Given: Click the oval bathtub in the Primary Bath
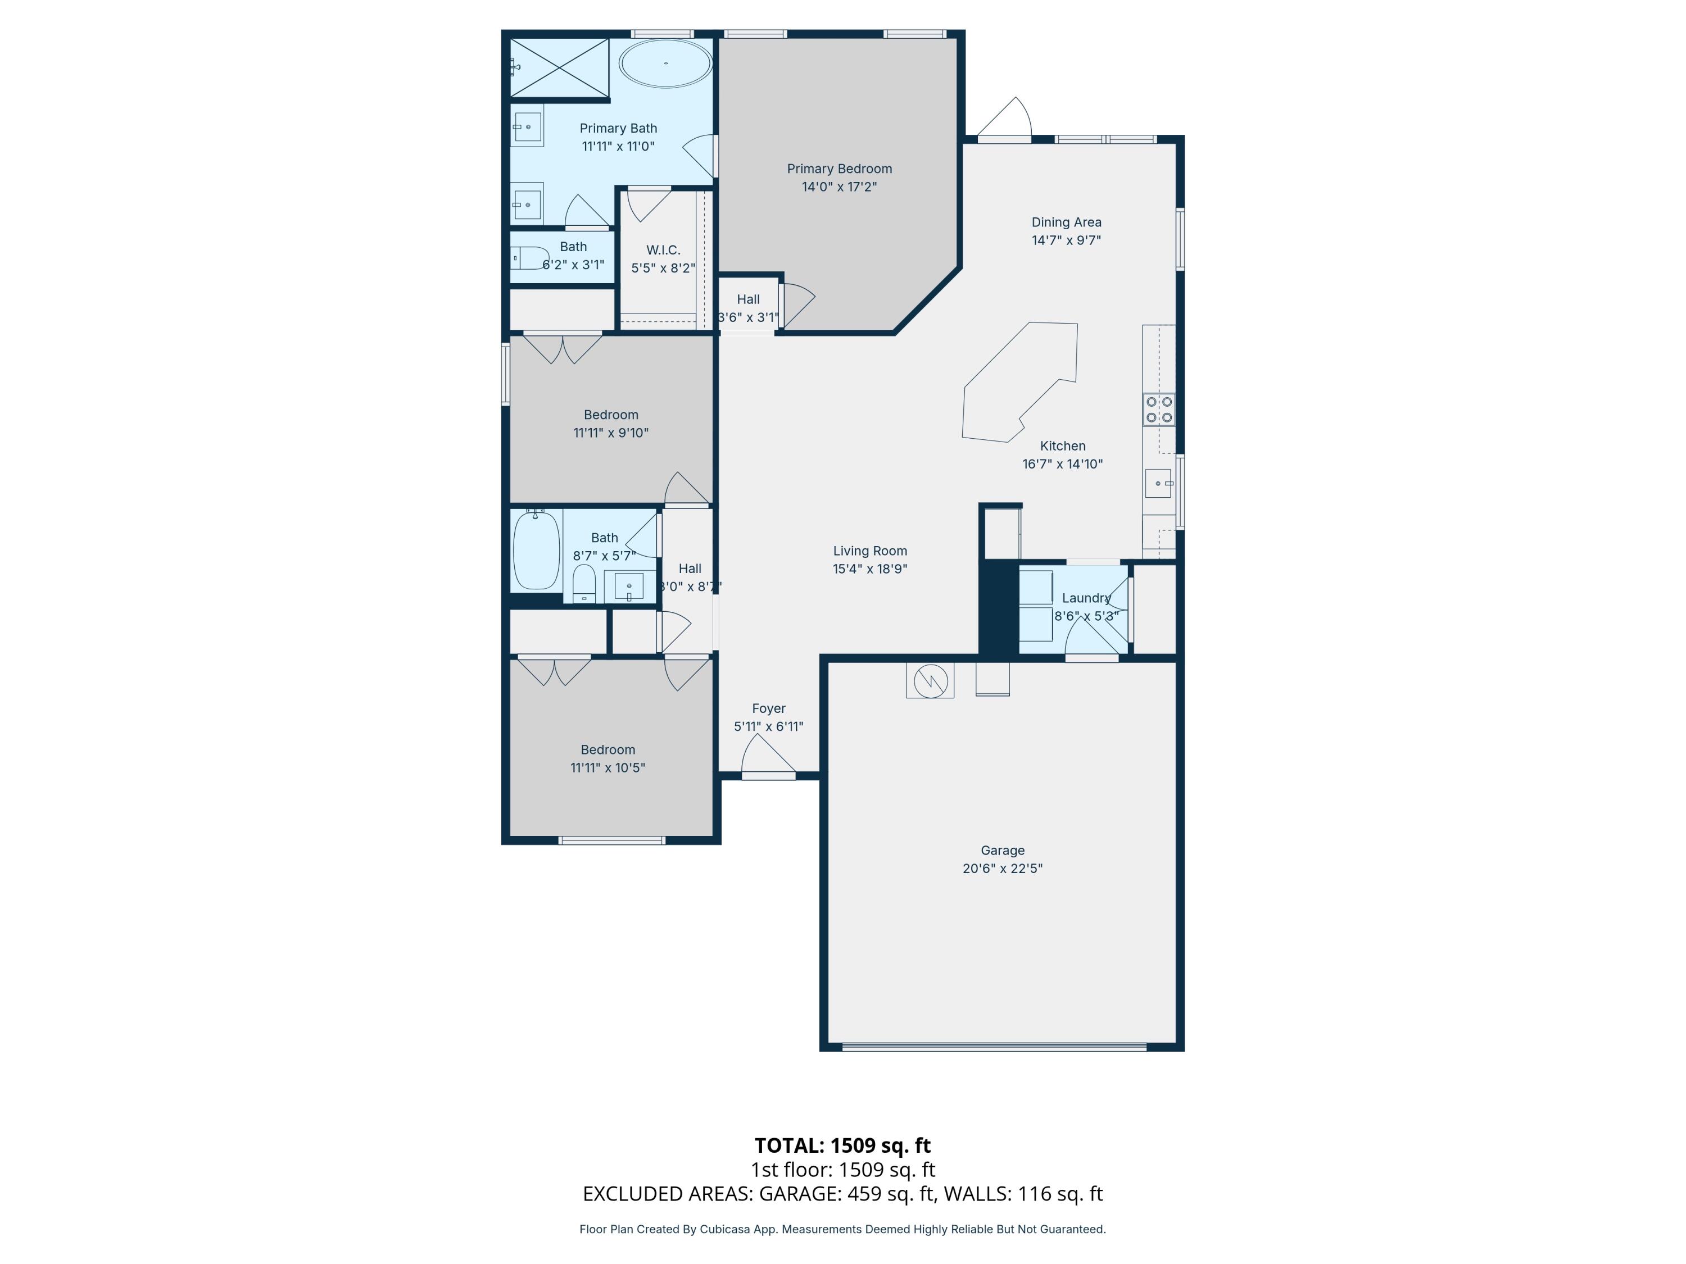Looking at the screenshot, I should [665, 63].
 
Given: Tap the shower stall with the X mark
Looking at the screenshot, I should [559, 68].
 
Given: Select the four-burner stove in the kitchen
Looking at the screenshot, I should [1158, 409].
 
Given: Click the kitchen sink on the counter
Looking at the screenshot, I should [1158, 483].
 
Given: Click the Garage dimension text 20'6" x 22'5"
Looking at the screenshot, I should [1002, 868].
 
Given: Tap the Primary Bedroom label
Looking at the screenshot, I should [839, 169].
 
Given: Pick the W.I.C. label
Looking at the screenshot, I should [663, 250].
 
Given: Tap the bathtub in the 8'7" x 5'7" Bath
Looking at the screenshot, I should [537, 551].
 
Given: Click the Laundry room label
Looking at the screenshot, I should [1086, 598].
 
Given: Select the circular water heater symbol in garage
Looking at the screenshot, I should [930, 680].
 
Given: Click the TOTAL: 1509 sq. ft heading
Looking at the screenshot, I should [842, 1145].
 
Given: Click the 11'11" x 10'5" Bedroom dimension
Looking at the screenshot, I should [608, 767].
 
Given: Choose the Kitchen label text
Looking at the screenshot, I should [1063, 445].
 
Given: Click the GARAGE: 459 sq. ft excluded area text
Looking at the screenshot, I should [846, 1194].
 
